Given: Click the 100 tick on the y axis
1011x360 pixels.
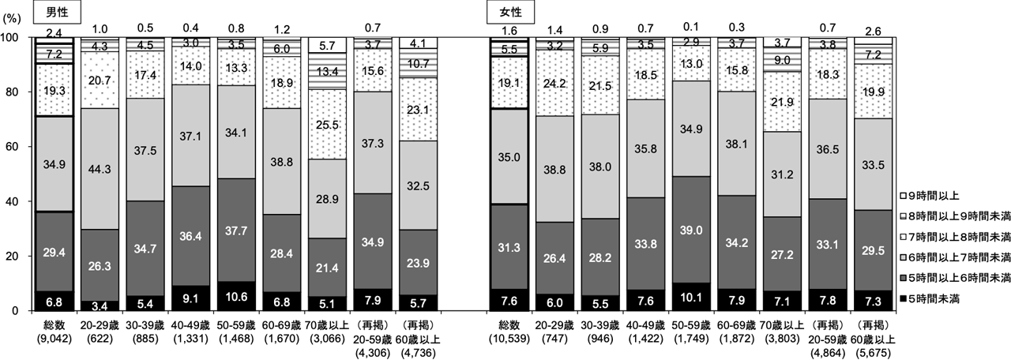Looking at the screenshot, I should point(15,36).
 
